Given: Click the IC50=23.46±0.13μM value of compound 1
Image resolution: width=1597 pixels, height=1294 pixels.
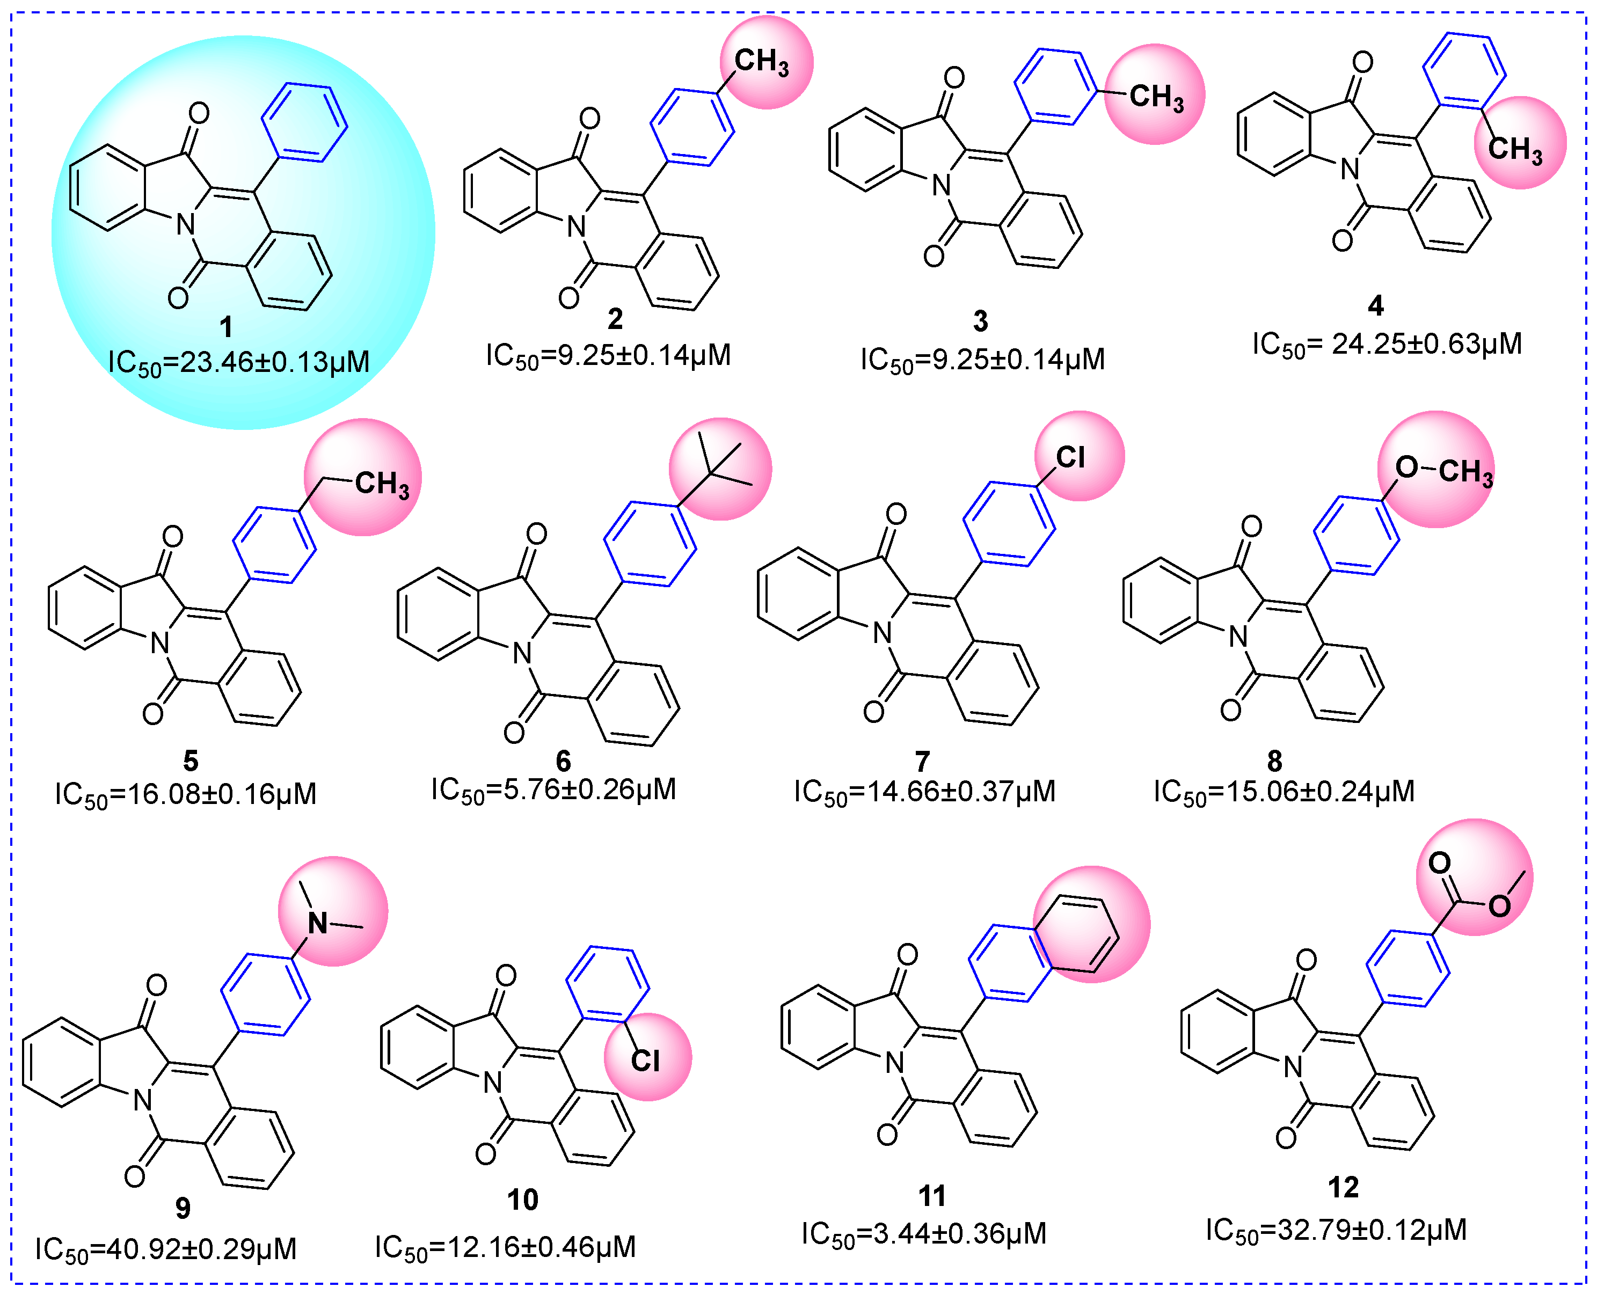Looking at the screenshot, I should point(238,362).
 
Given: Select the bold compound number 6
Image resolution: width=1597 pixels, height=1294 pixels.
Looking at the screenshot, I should point(563,761).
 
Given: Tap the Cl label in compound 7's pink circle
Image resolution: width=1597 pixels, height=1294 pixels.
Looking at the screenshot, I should point(1070,457).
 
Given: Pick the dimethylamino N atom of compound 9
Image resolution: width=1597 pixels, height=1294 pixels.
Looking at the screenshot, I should point(318,924).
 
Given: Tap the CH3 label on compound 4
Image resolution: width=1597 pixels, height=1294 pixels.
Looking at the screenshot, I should point(1515,149).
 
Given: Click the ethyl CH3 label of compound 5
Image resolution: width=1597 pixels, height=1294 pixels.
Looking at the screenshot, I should point(382,484).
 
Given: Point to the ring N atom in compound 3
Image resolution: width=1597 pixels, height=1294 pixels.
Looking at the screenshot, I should point(942,185).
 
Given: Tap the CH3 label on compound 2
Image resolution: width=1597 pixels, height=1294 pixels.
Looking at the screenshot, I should point(761,61).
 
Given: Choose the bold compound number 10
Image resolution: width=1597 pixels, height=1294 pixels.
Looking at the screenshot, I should point(523,1200).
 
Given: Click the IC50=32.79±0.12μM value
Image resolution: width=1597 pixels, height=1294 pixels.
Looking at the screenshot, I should point(1336,1230).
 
